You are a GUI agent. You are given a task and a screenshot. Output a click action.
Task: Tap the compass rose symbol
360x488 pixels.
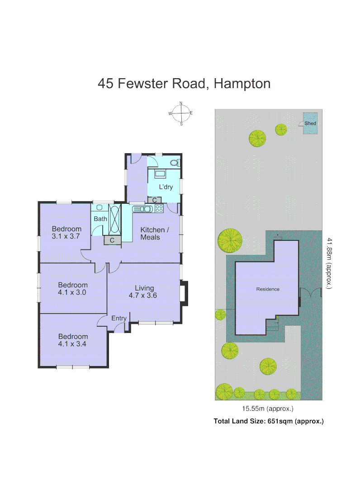pos(181,113)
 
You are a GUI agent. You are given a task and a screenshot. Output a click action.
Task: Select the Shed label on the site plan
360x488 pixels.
pos(310,123)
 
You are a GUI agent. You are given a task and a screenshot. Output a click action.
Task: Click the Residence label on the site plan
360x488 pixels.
pos(268,289)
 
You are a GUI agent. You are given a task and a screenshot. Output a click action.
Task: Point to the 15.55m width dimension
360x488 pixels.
pos(268,409)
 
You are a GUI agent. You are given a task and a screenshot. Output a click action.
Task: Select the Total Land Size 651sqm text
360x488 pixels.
pos(268,421)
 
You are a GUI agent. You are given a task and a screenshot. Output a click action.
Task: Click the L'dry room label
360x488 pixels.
pos(165,187)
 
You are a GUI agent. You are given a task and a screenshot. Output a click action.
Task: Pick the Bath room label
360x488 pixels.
pos(100,219)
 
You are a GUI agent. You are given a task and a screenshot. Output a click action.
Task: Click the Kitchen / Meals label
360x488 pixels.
pos(154,233)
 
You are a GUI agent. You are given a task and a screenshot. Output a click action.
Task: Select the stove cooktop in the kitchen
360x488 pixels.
pos(159,208)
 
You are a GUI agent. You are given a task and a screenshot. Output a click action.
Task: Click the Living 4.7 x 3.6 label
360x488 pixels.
pos(145,291)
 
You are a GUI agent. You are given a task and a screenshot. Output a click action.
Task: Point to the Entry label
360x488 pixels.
pos(119,318)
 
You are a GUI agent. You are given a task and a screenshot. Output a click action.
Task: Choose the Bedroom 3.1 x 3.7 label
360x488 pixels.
pos(66,232)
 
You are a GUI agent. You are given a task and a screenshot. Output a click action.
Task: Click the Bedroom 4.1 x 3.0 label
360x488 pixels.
pos(72,288)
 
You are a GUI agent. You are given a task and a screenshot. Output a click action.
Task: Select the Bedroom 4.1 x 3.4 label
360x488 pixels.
pos(72,340)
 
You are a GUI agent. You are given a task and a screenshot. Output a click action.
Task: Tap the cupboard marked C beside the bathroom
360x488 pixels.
pos(112,241)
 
